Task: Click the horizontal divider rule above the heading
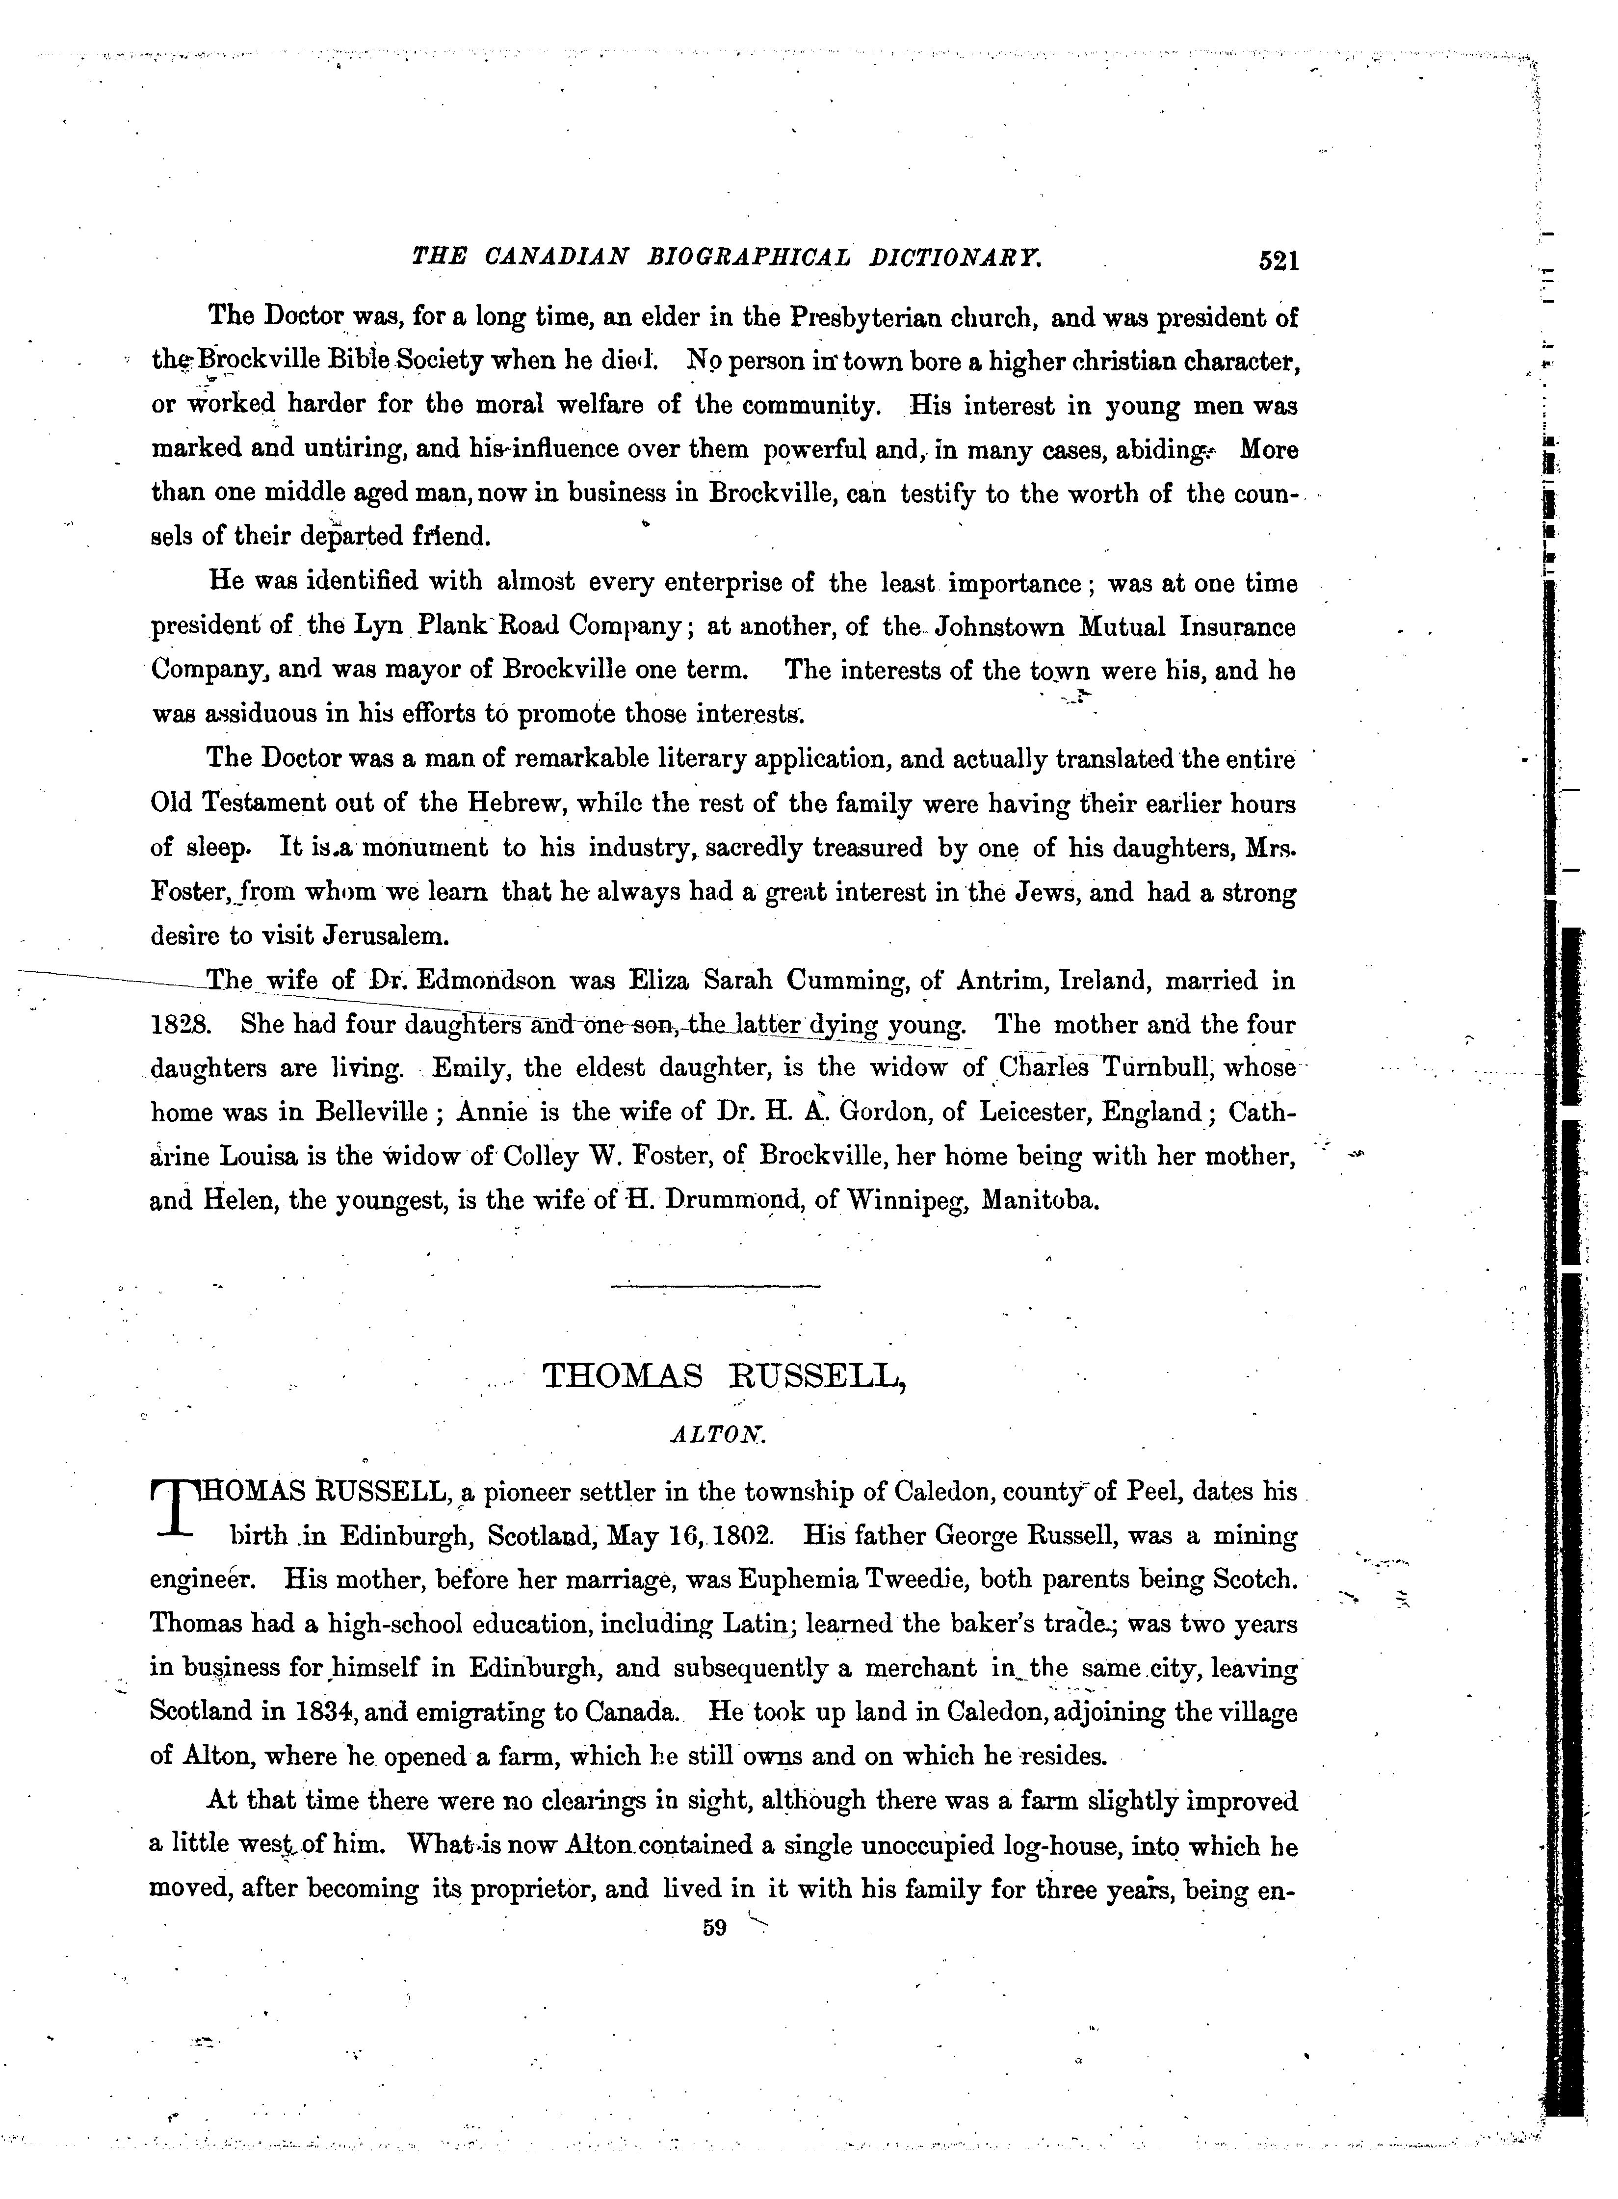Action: [x=715, y=1286]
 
